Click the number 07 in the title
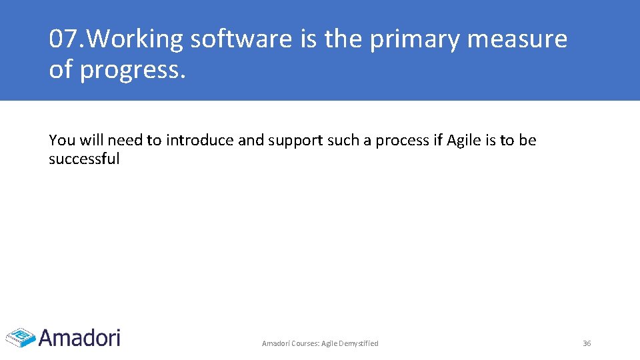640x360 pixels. (x=64, y=40)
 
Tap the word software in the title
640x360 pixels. (x=241, y=40)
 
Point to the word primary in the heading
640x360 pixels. (x=415, y=40)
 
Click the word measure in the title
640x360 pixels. (x=517, y=40)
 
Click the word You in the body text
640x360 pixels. (x=62, y=141)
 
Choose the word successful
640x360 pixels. (x=84, y=159)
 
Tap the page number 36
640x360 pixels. (x=587, y=343)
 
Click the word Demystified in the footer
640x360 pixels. (x=359, y=343)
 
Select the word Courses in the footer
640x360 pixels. (x=304, y=343)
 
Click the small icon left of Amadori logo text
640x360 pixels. (x=20, y=337)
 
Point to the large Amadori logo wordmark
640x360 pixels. (x=79, y=337)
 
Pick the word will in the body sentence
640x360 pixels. (x=91, y=141)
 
